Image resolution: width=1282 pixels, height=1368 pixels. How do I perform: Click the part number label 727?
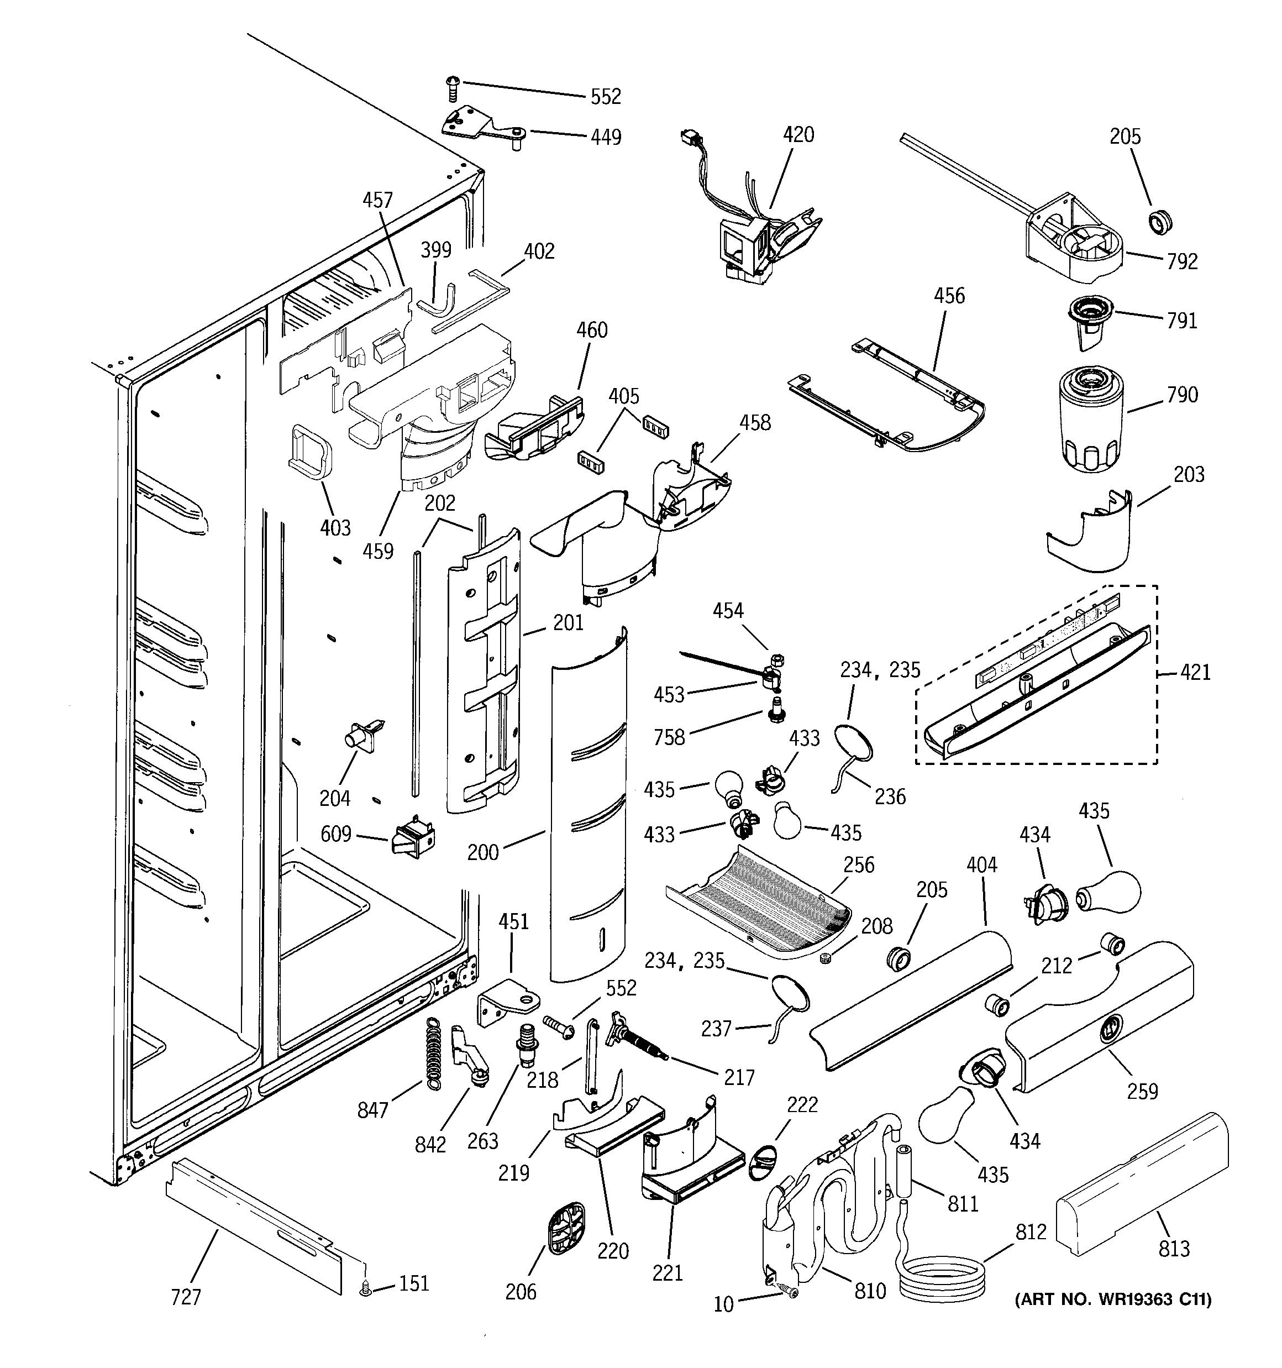(x=186, y=1297)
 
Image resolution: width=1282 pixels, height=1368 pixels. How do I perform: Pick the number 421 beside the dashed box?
(x=1195, y=672)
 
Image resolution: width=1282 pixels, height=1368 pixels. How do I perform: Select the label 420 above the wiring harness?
(x=798, y=134)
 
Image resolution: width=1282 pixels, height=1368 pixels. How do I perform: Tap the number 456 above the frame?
(x=949, y=296)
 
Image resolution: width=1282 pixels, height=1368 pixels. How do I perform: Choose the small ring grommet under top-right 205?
(x=1160, y=222)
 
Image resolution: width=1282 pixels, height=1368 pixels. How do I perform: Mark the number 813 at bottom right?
(x=1173, y=1248)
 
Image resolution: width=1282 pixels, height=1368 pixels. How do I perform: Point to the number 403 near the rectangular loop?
(x=335, y=528)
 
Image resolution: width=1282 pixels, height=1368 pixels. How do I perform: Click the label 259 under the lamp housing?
(x=1142, y=1091)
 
